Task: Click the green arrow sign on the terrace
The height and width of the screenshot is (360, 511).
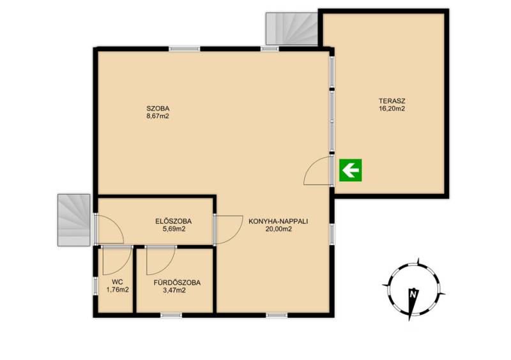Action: coord(350,170)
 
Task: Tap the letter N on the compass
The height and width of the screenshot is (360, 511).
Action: coord(413,294)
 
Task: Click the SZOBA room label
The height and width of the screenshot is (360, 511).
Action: coord(158,109)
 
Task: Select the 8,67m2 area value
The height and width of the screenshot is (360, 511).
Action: coord(158,116)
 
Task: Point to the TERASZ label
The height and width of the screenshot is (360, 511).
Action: coord(392,101)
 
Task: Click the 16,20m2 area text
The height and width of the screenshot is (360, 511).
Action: coord(392,109)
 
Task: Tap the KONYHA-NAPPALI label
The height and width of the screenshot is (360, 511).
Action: coord(278,221)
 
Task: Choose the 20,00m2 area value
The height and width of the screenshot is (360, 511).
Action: coord(278,229)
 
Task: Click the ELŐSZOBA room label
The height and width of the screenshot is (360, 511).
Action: coord(173,221)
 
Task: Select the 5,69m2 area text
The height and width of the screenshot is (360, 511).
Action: coord(174,229)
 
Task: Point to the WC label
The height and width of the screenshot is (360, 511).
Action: coord(118,282)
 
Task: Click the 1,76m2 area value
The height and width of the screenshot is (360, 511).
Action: coord(118,289)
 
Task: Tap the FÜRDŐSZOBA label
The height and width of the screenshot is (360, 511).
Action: coord(177,283)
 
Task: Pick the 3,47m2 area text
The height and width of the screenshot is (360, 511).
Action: coord(174,290)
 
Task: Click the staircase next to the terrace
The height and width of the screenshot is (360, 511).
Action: coord(292,29)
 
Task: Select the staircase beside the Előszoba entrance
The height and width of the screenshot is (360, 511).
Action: coord(74,220)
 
